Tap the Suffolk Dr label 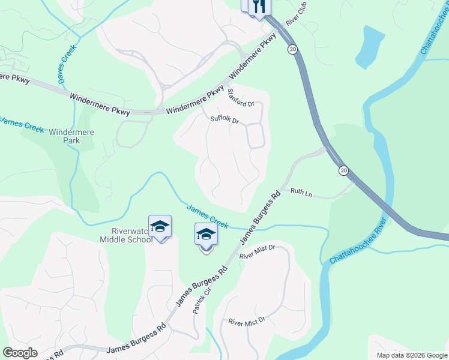click(x=225, y=119)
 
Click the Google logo click(x=20, y=353)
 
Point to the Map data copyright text click(x=411, y=355)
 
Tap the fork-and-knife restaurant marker click(x=259, y=7)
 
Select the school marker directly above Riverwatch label click(x=160, y=227)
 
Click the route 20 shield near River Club click(x=292, y=50)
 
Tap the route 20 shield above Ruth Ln click(x=343, y=171)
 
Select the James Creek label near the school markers click(x=207, y=216)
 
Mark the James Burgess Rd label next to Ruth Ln click(x=261, y=217)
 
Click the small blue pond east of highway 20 click(x=370, y=47)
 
